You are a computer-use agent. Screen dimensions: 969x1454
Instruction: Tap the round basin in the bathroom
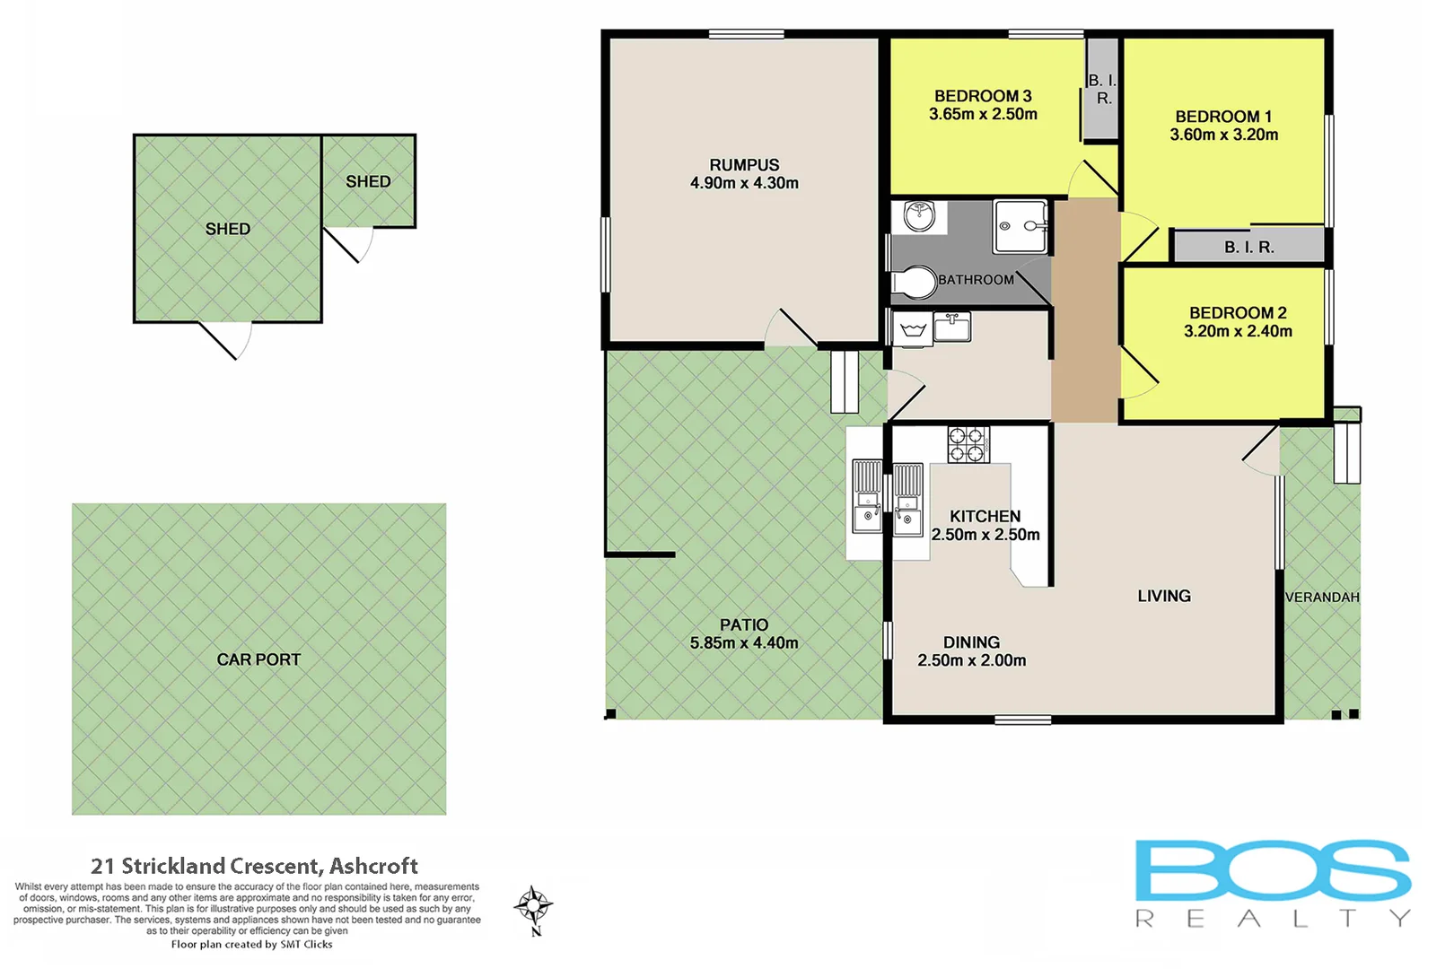tap(920, 215)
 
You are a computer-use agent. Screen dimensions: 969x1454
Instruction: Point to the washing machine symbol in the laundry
tap(912, 329)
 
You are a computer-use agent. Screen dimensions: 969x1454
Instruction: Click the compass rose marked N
tap(534, 907)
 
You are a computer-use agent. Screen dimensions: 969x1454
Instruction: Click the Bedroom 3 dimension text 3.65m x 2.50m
tap(983, 115)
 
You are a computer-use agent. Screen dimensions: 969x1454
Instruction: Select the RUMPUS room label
tap(744, 165)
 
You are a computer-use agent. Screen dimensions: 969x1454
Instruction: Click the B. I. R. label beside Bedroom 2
tap(1248, 247)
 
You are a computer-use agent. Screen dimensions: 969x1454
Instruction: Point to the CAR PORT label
tap(258, 659)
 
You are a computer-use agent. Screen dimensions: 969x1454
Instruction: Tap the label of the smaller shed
tap(368, 181)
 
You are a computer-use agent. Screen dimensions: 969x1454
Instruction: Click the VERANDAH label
tap(1321, 598)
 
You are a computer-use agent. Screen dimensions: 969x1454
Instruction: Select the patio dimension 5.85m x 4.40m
tap(744, 643)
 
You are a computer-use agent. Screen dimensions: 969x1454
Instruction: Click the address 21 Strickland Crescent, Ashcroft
tap(254, 866)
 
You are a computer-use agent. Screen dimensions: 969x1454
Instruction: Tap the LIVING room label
tap(1163, 596)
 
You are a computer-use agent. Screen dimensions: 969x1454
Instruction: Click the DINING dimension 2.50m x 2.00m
tap(971, 660)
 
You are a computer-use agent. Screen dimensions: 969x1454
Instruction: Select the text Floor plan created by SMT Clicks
tap(251, 944)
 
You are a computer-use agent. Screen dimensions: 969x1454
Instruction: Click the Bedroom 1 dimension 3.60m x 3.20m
tap(1223, 135)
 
